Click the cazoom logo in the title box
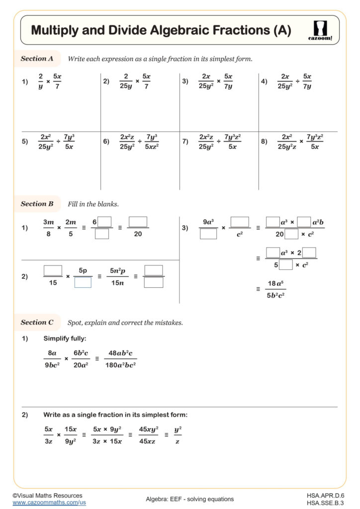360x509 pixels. (x=323, y=30)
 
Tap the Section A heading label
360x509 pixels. (x=37, y=59)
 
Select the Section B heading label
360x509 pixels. (x=37, y=204)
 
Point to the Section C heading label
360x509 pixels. (x=37, y=323)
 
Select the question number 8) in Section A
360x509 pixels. (x=264, y=142)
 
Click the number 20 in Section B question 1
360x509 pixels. (x=138, y=234)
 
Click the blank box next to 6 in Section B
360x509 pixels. (x=104, y=222)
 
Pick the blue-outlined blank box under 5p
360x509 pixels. (x=83, y=282)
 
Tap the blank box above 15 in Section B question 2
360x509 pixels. (x=53, y=270)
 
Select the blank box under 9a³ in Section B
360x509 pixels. (x=208, y=234)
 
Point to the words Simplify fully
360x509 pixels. (x=65, y=339)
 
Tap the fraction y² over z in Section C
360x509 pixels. (x=178, y=434)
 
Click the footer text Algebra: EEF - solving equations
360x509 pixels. (x=189, y=499)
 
